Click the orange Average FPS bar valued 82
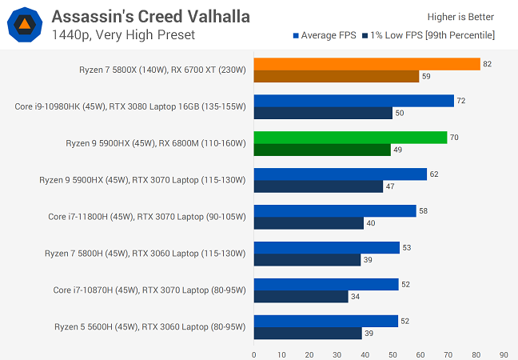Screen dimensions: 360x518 pyautogui.click(x=367, y=64)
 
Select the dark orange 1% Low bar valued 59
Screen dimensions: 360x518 pyautogui.click(x=337, y=77)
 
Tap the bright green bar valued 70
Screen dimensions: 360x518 pyautogui.click(x=350, y=138)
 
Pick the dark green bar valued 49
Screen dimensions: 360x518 pyautogui.click(x=322, y=150)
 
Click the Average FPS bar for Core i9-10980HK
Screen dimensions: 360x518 pyautogui.click(x=354, y=101)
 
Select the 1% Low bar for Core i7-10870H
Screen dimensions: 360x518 pyautogui.click(x=301, y=297)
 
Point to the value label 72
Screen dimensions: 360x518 pyautogui.click(x=460, y=101)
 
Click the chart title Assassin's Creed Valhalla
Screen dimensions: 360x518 pyautogui.click(x=150, y=16)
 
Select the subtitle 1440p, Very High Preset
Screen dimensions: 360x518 pyautogui.click(x=123, y=34)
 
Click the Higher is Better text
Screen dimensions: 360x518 pyautogui.click(x=461, y=17)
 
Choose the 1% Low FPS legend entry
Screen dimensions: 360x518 pyautogui.click(x=428, y=35)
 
